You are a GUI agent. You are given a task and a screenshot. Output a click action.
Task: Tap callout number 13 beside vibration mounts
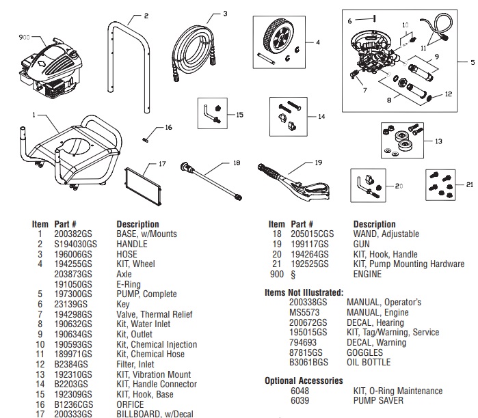[438, 141]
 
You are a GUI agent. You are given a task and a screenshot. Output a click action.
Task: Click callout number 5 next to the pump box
[472, 62]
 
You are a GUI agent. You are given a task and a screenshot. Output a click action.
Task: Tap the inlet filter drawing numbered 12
[429, 95]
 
